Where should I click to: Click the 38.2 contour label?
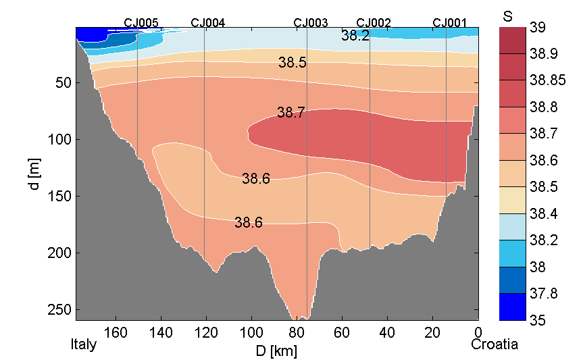click(x=355, y=36)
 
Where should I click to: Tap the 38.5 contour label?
click(x=293, y=63)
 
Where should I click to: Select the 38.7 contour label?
click(x=290, y=113)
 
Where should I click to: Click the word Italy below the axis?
click(x=84, y=344)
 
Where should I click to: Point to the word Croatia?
click(x=495, y=344)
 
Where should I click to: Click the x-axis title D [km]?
click(x=276, y=351)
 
